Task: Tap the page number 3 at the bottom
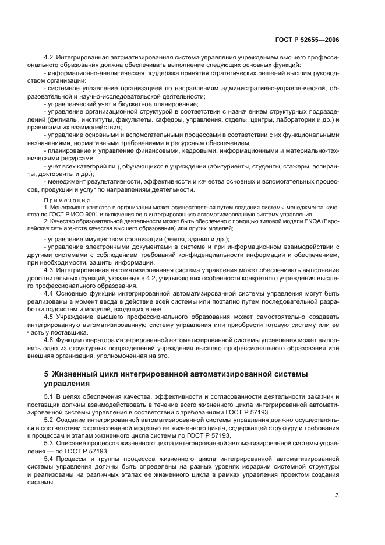337,495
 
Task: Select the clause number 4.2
48,58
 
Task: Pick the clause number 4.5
48,315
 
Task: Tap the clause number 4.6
48,339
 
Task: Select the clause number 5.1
48,396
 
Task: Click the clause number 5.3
48,443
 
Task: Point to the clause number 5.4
48,459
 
